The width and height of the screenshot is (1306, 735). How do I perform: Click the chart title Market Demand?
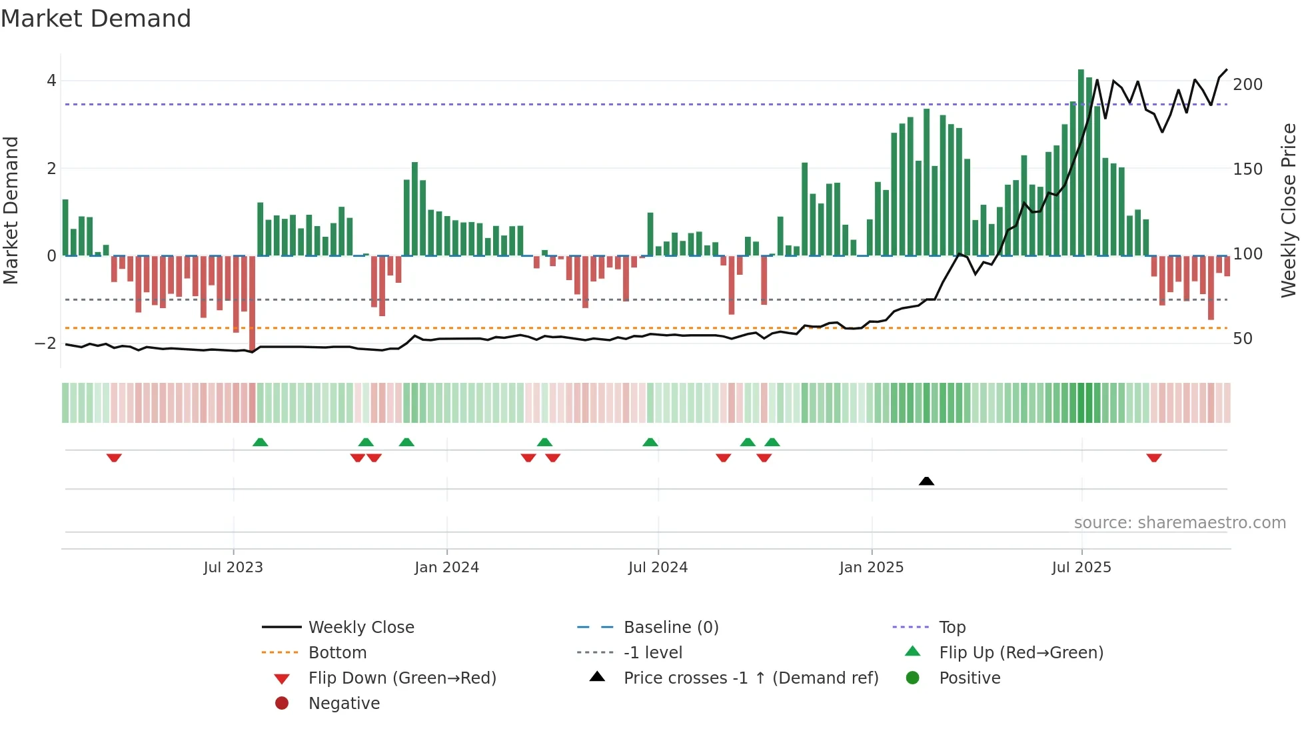96,19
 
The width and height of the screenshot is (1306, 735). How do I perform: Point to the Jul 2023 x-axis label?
233,568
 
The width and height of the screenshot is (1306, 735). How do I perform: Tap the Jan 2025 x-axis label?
871,568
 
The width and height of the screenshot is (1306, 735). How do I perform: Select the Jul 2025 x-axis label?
1081,568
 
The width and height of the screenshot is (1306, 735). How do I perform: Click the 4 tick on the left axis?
51,81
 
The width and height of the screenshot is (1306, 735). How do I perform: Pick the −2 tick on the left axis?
46,343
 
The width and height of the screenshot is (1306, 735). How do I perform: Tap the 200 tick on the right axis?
1247,85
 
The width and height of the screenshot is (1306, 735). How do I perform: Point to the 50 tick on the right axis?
1243,339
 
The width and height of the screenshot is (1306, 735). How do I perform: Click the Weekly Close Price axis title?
1289,210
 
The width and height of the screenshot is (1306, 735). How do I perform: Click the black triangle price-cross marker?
926,481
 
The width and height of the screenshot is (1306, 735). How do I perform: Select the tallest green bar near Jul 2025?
1081,160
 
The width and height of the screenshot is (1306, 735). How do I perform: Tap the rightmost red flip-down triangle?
1154,458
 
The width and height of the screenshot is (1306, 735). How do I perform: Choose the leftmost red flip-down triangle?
114,458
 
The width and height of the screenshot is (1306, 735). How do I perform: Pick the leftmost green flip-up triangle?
261,442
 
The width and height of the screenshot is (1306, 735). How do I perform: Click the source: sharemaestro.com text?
1179,523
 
